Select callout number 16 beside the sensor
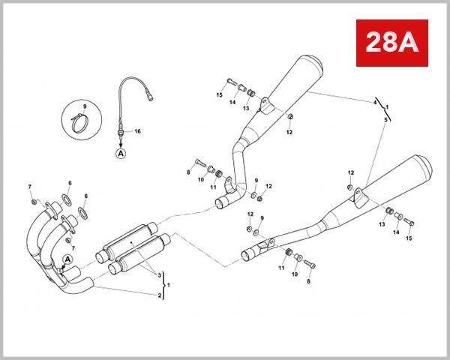[137, 131]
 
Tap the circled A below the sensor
[121, 152]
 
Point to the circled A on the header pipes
[67, 260]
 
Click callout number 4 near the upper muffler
[375, 101]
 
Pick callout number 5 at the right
[385, 119]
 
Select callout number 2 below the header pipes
[158, 295]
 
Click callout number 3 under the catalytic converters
[158, 276]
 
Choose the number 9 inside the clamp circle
[84, 106]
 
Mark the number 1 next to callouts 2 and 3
[169, 285]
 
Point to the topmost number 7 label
[30, 186]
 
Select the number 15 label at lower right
[409, 238]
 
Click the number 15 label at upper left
[220, 95]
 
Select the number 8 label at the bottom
[307, 281]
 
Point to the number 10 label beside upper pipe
[201, 179]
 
